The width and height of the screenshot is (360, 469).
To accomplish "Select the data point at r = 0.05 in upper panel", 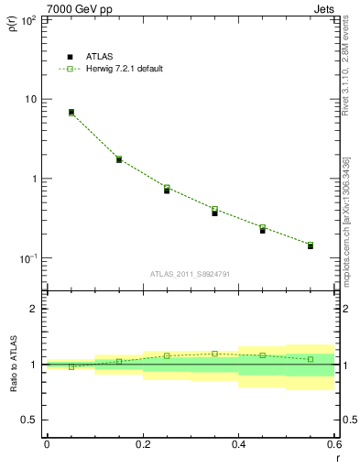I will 71,112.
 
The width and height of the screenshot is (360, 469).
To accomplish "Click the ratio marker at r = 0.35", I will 214,354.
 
